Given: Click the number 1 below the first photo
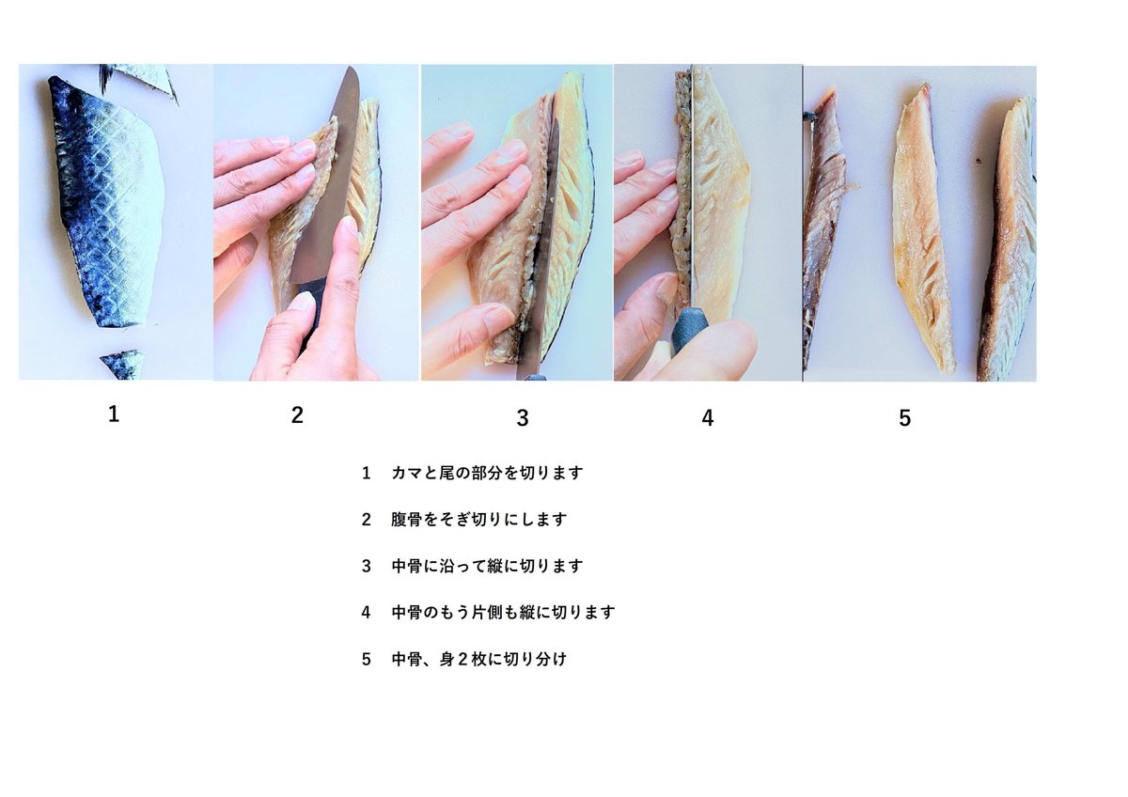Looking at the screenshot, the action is (x=114, y=414).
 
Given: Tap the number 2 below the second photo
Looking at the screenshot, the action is (x=297, y=415).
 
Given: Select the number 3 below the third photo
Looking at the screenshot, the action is (x=523, y=418).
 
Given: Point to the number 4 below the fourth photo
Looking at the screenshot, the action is (x=708, y=418).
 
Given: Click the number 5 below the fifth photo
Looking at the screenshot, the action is (x=905, y=418).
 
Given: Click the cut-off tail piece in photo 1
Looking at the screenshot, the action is (x=121, y=365).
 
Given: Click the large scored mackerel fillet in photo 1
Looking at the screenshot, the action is (x=105, y=201).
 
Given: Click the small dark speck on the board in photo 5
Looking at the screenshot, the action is (x=979, y=162).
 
